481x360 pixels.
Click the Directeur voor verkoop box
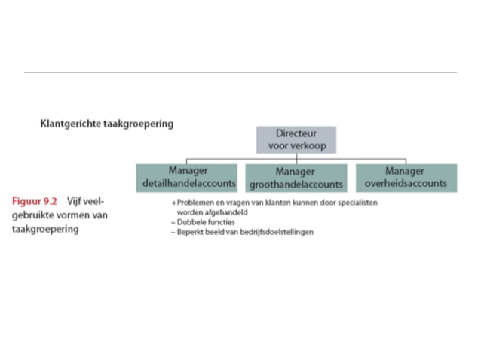coord(296,140)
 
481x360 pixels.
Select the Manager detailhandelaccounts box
coord(187,178)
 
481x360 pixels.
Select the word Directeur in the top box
coord(296,133)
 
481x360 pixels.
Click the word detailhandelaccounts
coord(187,184)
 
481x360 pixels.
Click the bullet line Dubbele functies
coord(199,223)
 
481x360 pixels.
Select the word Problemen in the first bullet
coord(194,203)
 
